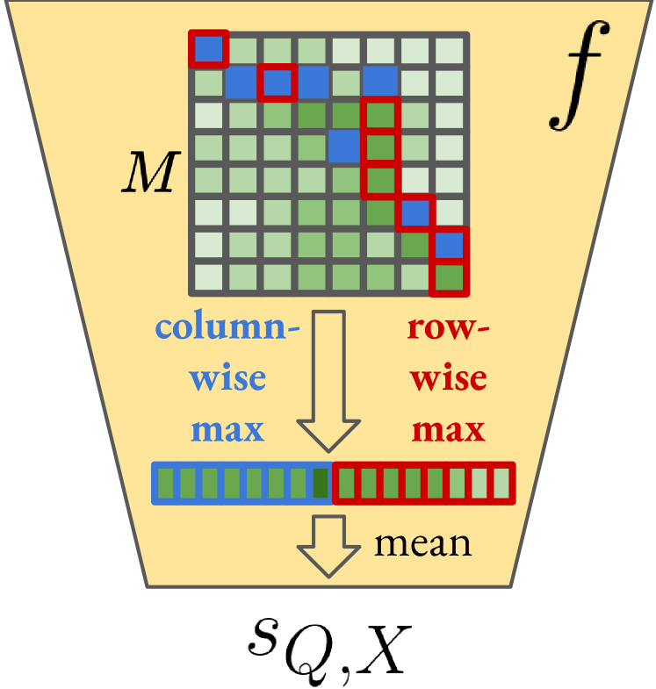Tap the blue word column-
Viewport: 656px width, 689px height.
pyautogui.click(x=227, y=329)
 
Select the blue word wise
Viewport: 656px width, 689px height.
pyautogui.click(x=227, y=379)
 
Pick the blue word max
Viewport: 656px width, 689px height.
pyautogui.click(x=227, y=430)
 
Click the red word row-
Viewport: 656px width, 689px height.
pyautogui.click(x=449, y=329)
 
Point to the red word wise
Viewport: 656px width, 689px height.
pyautogui.click(x=449, y=379)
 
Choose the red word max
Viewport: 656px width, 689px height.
pyautogui.click(x=449, y=430)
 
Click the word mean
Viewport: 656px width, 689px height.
pyautogui.click(x=422, y=544)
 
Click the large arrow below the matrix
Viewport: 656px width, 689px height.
pyautogui.click(x=328, y=377)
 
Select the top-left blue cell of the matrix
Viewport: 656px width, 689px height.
pyautogui.click(x=209, y=49)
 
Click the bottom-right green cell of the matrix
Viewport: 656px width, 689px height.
pyautogui.click(x=449, y=277)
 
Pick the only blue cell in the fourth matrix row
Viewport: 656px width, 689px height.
pyautogui.click(x=345, y=147)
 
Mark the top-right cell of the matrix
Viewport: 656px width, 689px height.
pyautogui.click(x=449, y=49)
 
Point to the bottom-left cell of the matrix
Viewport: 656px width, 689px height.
pyautogui.click(x=209, y=277)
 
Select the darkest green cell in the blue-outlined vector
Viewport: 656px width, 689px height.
pyautogui.click(x=321, y=483)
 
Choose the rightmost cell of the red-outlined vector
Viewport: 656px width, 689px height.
pyautogui.click(x=501, y=483)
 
